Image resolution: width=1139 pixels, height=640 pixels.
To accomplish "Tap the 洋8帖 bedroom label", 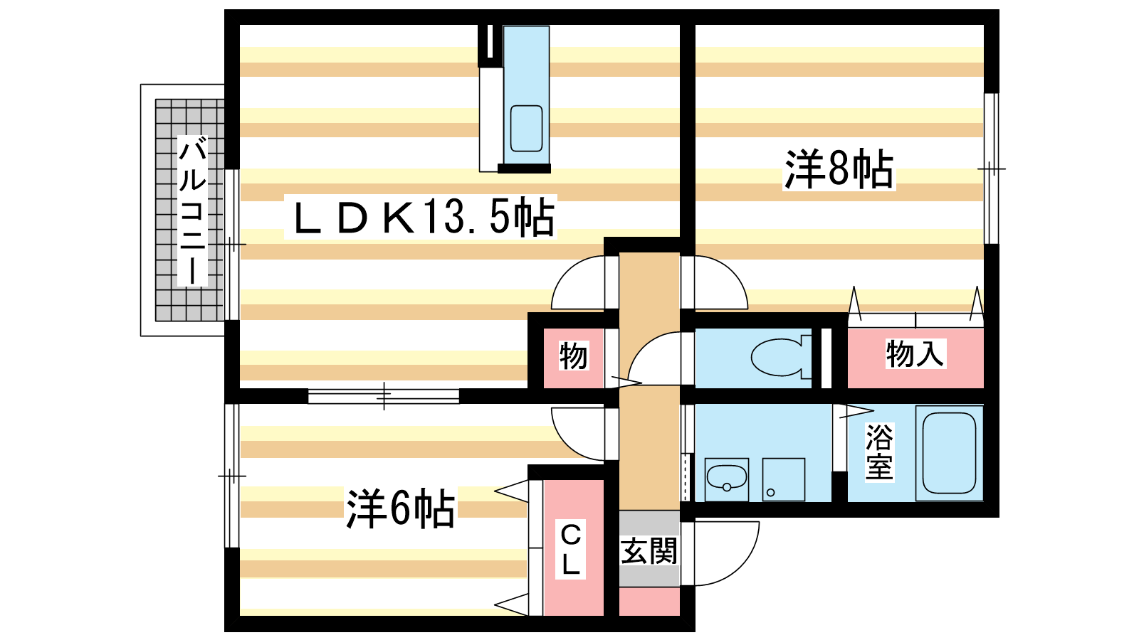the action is coord(839,169).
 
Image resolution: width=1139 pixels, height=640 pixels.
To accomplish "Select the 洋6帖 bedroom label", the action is coord(400,508).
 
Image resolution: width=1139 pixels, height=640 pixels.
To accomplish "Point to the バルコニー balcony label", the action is coord(193,210).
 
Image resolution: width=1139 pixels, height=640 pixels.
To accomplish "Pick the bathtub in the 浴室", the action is coord(949,453).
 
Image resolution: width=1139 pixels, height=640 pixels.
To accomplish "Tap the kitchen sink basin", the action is coord(526,129).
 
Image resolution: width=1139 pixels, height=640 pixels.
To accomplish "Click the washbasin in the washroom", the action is coord(727,478).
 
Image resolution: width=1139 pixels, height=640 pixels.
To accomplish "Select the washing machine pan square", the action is coord(783,479).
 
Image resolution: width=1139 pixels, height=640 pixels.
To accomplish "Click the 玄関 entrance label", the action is coord(649,551).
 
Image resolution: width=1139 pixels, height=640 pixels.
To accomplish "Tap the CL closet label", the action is coord(570,550).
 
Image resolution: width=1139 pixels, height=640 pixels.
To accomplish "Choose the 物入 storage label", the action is coord(915,353).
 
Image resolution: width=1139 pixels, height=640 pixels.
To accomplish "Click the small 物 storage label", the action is coord(574,356).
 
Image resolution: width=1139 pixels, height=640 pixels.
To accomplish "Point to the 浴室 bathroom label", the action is coord(879,452).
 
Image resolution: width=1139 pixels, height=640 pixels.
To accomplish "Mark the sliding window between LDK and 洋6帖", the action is coord(384,395).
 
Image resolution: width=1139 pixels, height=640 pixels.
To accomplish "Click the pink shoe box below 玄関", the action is coord(649,602).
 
